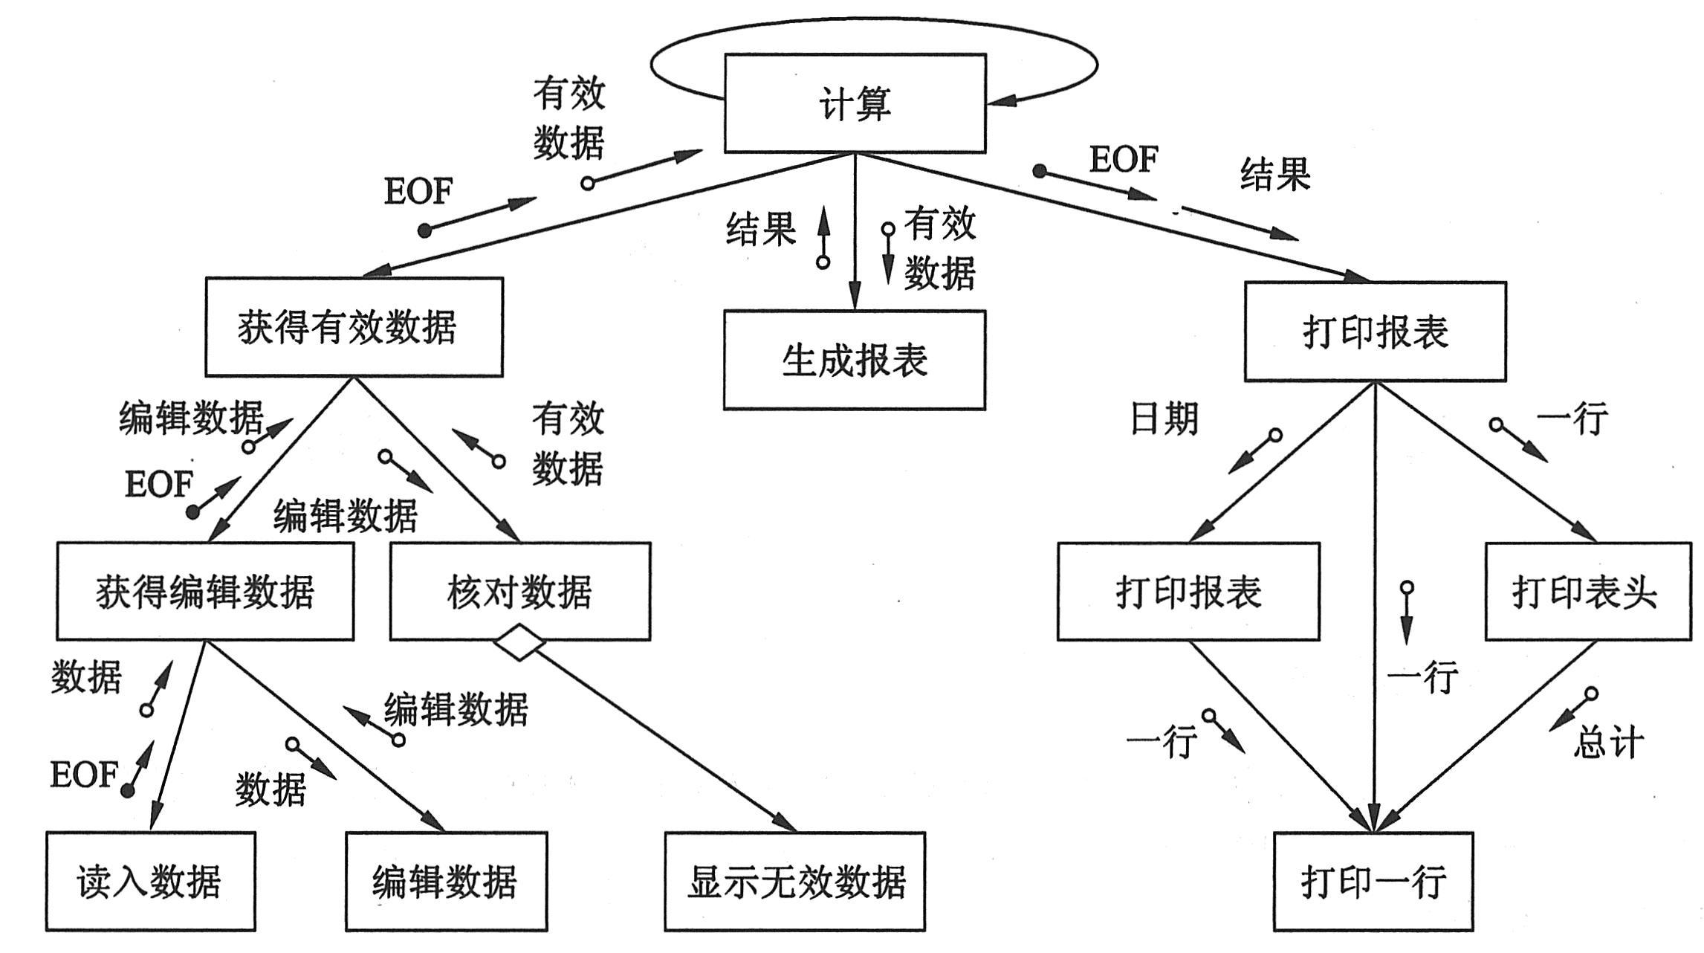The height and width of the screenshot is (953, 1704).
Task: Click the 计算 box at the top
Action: (x=855, y=103)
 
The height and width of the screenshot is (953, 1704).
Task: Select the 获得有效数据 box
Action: (x=354, y=327)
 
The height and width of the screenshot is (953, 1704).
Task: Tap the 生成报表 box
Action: (x=855, y=361)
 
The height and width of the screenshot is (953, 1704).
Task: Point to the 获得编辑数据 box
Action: (x=205, y=592)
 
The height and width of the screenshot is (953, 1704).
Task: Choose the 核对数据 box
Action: (x=520, y=592)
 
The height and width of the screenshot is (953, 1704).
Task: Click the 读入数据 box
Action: (x=150, y=882)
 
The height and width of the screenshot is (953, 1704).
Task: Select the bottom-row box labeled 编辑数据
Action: (x=446, y=882)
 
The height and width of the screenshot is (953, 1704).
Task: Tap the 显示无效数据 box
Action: (x=795, y=882)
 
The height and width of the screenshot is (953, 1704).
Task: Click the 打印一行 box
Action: (x=1373, y=882)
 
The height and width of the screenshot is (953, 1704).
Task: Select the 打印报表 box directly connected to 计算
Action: (x=1376, y=332)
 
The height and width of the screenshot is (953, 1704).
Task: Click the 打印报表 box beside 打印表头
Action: (x=1189, y=592)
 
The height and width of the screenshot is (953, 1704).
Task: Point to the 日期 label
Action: (x=1164, y=419)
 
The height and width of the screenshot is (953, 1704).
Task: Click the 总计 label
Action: (x=1608, y=742)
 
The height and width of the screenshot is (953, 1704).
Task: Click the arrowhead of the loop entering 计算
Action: (x=1000, y=100)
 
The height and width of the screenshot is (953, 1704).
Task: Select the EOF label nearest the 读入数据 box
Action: (x=83, y=775)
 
